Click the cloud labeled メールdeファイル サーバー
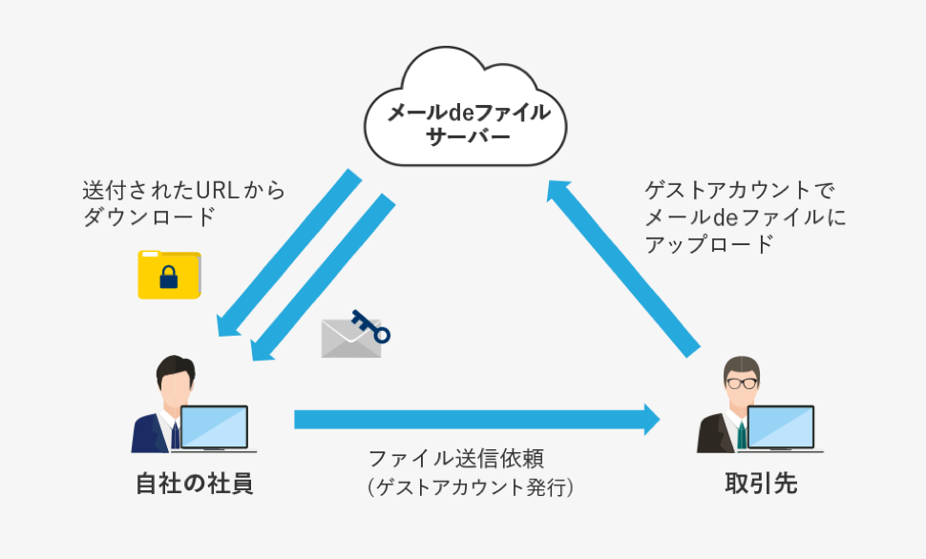pos(465,107)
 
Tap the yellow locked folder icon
pos(170,275)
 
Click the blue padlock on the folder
pos(169,277)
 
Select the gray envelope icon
pos(350,339)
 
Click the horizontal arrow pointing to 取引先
pos(477,420)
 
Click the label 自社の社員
pos(195,484)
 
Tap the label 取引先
pos(761,484)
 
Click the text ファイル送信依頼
pos(456,459)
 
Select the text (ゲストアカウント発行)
pos(470,487)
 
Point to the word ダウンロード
pos(150,217)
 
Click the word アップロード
pos(708,244)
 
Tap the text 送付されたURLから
pos(183,190)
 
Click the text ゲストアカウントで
pos(740,190)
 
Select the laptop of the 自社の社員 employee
pos(215,428)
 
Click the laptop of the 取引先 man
pos(782,428)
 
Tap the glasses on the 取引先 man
pos(742,383)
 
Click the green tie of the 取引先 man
pos(742,436)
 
